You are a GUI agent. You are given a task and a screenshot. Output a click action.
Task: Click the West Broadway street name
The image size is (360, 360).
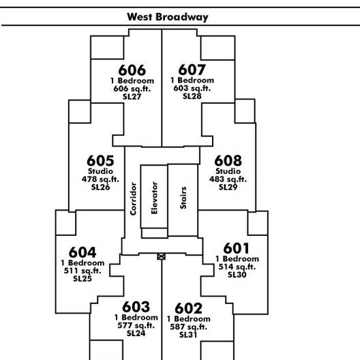pyautogui.click(x=168, y=17)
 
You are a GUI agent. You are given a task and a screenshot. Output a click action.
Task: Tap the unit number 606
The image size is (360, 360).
pyautogui.click(x=132, y=70)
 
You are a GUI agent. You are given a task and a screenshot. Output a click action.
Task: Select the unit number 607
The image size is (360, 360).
pyautogui.click(x=192, y=70)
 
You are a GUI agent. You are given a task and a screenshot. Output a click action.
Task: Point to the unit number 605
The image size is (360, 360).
pyautogui.click(x=100, y=160)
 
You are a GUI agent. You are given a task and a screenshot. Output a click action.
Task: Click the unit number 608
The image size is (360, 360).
pyautogui.click(x=228, y=160)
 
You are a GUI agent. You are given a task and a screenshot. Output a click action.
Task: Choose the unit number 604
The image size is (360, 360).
pyautogui.click(x=82, y=252)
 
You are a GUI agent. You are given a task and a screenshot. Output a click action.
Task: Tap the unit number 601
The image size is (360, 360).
pyautogui.click(x=237, y=248)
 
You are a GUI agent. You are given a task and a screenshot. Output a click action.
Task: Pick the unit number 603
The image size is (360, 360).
pyautogui.click(x=136, y=307)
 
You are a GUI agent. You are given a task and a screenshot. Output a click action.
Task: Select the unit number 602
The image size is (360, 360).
pyautogui.click(x=188, y=308)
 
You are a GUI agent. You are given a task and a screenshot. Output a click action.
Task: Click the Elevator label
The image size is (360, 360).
pyautogui.click(x=154, y=198)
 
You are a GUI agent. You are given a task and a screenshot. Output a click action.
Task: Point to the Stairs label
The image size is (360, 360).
pyautogui.click(x=183, y=198)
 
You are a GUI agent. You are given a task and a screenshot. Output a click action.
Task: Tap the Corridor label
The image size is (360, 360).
pyautogui.click(x=133, y=199)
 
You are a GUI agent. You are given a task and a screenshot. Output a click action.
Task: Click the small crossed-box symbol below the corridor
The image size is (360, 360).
pyautogui.click(x=161, y=256)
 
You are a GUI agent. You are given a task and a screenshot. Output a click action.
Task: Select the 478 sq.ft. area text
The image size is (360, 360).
pyautogui.click(x=100, y=179)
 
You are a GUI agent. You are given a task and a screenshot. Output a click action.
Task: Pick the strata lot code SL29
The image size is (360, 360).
pyautogui.click(x=228, y=187)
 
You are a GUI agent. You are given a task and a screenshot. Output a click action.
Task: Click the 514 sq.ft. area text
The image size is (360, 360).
pyautogui.click(x=237, y=267)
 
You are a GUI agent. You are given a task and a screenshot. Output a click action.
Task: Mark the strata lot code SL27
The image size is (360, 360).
pyautogui.click(x=132, y=97)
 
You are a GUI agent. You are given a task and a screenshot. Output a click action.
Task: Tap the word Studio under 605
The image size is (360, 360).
pyautogui.click(x=100, y=171)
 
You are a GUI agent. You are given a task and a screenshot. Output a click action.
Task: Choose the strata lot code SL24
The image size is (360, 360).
pyautogui.click(x=136, y=333)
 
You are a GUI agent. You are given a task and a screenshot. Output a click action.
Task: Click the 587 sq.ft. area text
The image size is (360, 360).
pyautogui.click(x=188, y=327)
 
